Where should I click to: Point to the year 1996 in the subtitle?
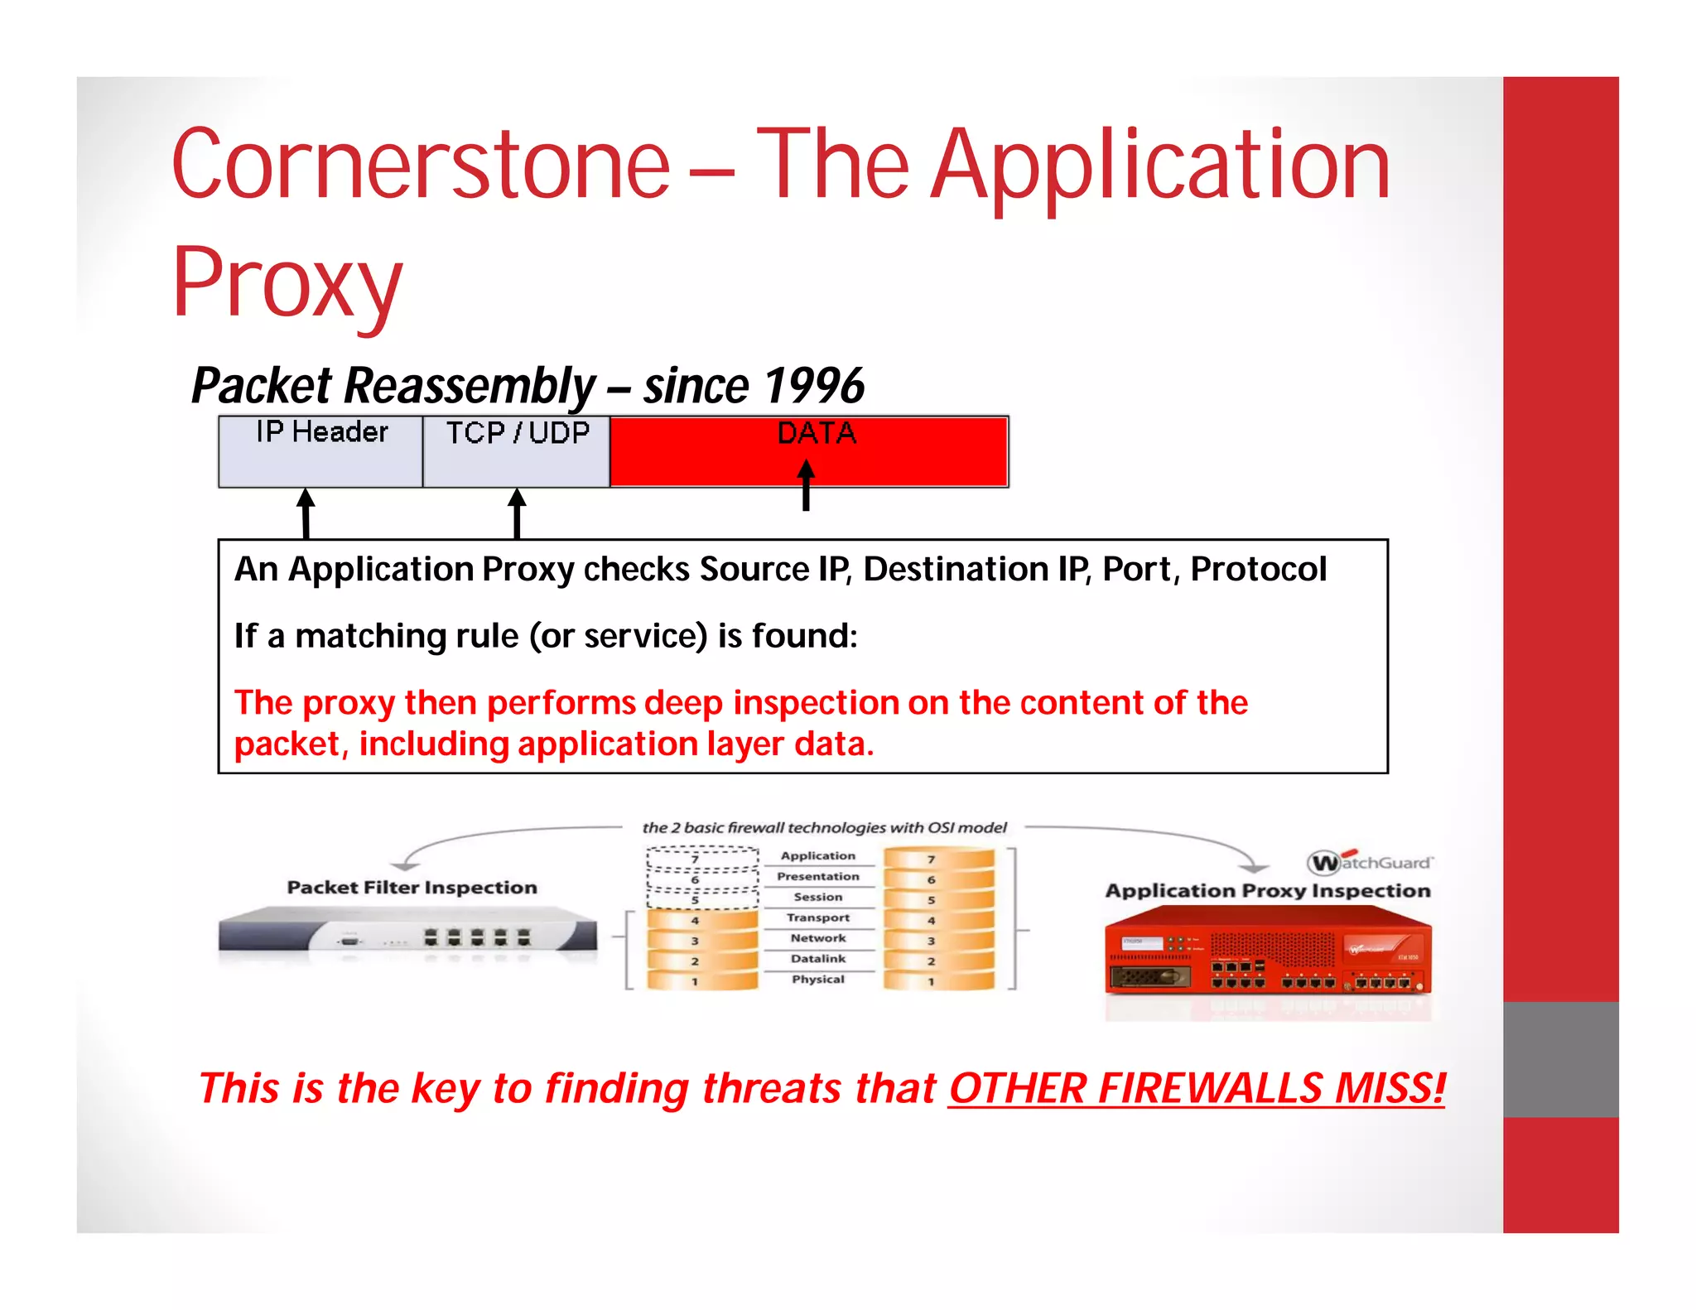813,386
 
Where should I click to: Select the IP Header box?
320,452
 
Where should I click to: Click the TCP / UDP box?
517,452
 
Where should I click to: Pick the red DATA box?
809,452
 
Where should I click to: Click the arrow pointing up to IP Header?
306,513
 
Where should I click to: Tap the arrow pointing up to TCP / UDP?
518,513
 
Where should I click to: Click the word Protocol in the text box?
1258,570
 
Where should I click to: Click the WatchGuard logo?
1370,862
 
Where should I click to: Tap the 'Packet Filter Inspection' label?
412,888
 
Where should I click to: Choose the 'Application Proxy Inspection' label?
1268,891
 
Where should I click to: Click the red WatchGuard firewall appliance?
1268,952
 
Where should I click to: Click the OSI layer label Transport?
818,917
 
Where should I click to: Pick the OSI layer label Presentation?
818,876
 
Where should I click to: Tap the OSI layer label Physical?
818,979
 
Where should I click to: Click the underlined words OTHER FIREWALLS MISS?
1196,1088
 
